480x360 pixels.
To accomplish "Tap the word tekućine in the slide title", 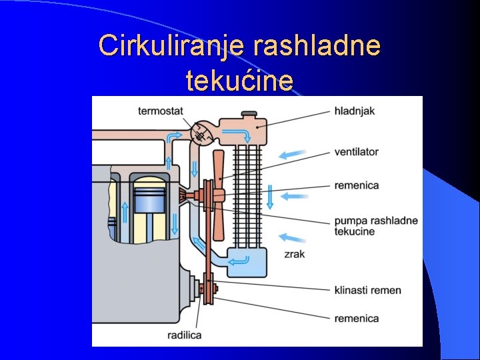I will (239, 80).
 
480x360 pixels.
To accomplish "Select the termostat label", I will (161, 111).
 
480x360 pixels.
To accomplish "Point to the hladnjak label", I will (355, 111).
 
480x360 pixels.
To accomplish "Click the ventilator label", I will (356, 151).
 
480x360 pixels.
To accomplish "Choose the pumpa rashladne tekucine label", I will (376, 226).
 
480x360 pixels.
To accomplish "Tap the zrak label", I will (294, 254).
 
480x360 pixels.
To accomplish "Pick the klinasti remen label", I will (367, 290).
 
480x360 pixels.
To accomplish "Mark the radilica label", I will (185, 335).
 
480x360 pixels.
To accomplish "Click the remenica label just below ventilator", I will (357, 185).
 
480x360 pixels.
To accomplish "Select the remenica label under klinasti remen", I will (357, 319).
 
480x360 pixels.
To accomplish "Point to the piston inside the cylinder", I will (149, 201).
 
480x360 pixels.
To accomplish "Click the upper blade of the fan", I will (218, 169).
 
